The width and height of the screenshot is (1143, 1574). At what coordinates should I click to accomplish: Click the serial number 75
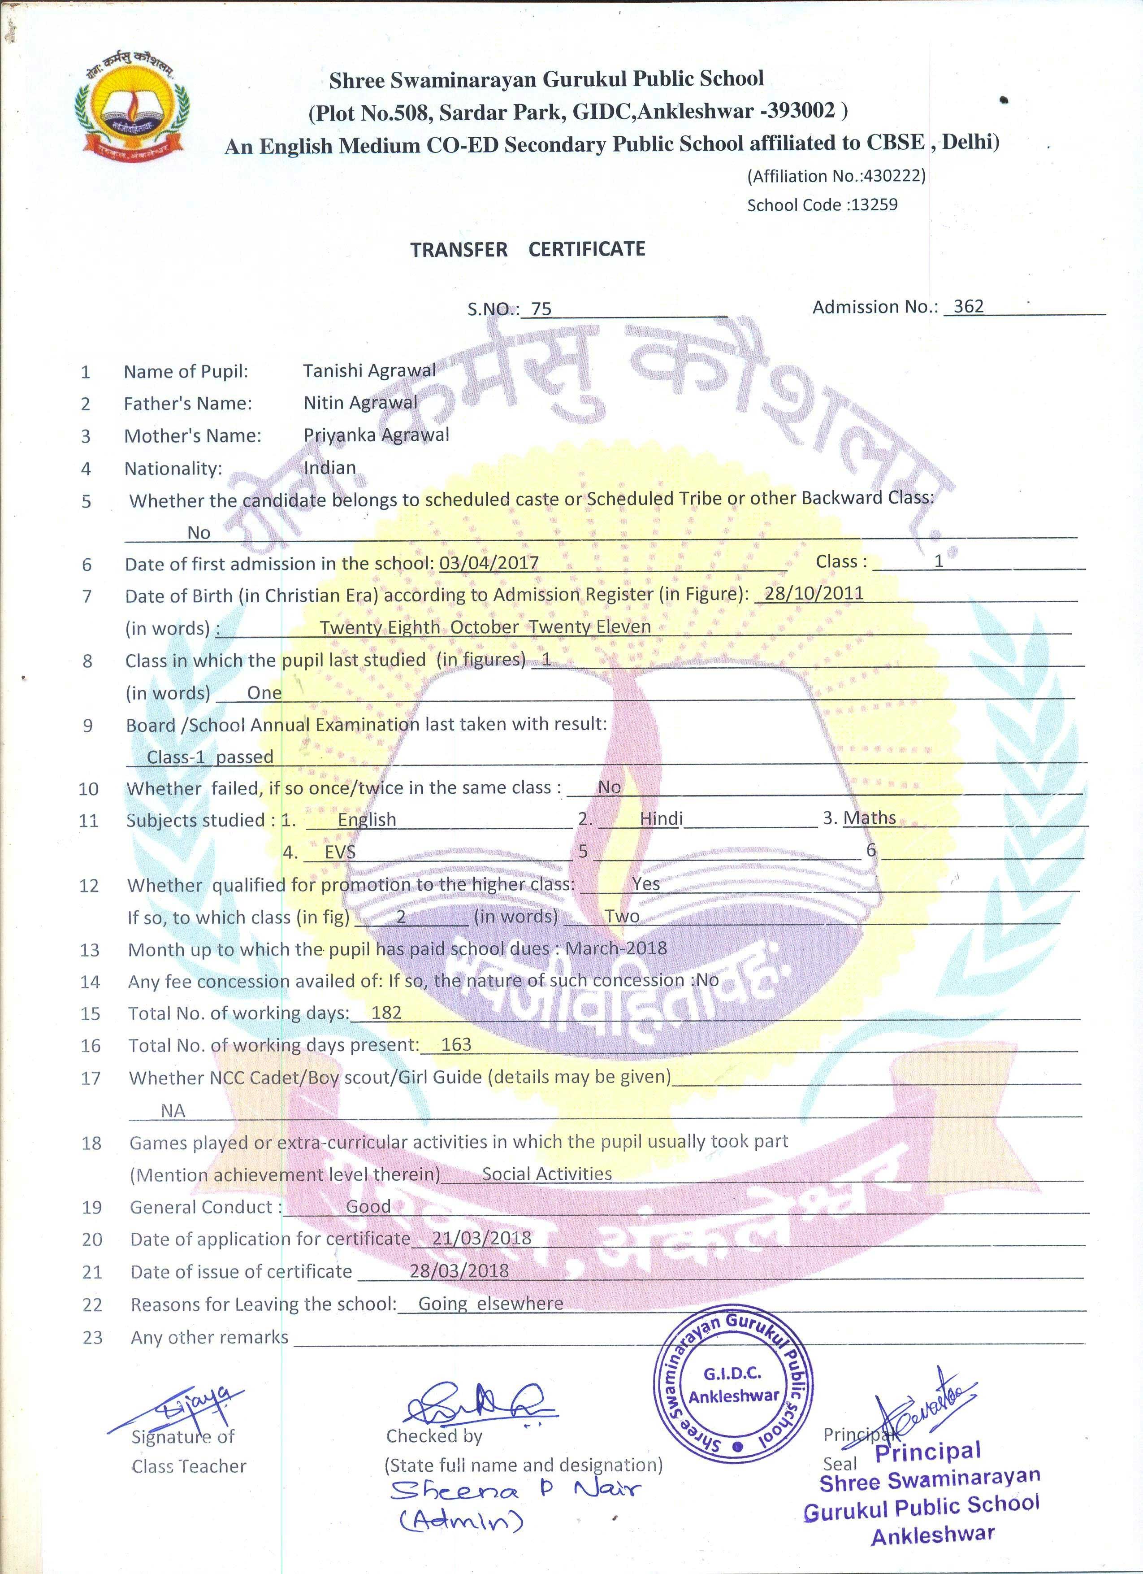[x=541, y=309]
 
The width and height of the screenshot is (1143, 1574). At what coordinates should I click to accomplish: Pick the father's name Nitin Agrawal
[x=360, y=403]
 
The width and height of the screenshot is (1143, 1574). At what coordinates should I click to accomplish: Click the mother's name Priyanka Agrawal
[x=376, y=435]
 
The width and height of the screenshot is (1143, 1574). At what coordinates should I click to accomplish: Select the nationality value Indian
[x=329, y=467]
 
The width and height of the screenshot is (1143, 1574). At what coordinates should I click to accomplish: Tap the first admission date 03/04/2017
[x=489, y=562]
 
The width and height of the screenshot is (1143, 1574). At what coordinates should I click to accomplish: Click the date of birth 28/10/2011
[x=814, y=593]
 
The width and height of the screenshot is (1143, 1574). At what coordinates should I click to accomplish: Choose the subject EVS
[x=340, y=852]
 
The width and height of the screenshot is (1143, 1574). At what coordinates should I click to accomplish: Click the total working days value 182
[x=386, y=1013]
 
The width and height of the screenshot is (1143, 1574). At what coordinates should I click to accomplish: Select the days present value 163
[x=456, y=1044]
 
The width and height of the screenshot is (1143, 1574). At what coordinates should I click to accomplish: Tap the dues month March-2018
[x=616, y=948]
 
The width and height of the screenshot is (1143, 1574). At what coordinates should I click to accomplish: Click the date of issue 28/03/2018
[x=459, y=1271]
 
